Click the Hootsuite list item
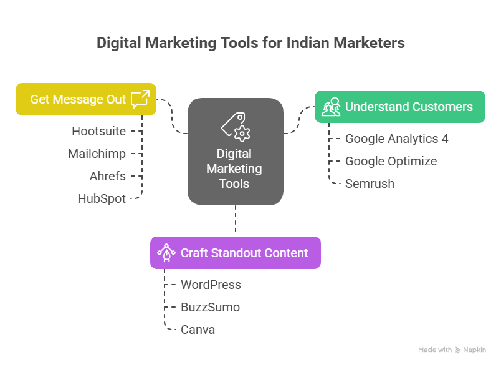point(98,131)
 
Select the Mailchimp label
point(97,154)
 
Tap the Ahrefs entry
point(107,176)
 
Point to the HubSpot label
point(102,198)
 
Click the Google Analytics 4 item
point(396,139)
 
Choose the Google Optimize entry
point(391,161)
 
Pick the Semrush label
point(370,183)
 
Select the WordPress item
point(211,285)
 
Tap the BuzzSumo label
point(210,307)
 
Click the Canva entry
point(198,330)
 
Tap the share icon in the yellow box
point(141,99)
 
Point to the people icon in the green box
point(331,107)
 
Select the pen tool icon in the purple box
point(166,253)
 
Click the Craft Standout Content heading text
point(244,253)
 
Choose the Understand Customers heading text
point(409,107)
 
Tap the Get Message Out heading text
point(78,99)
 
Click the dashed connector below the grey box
point(236,221)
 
